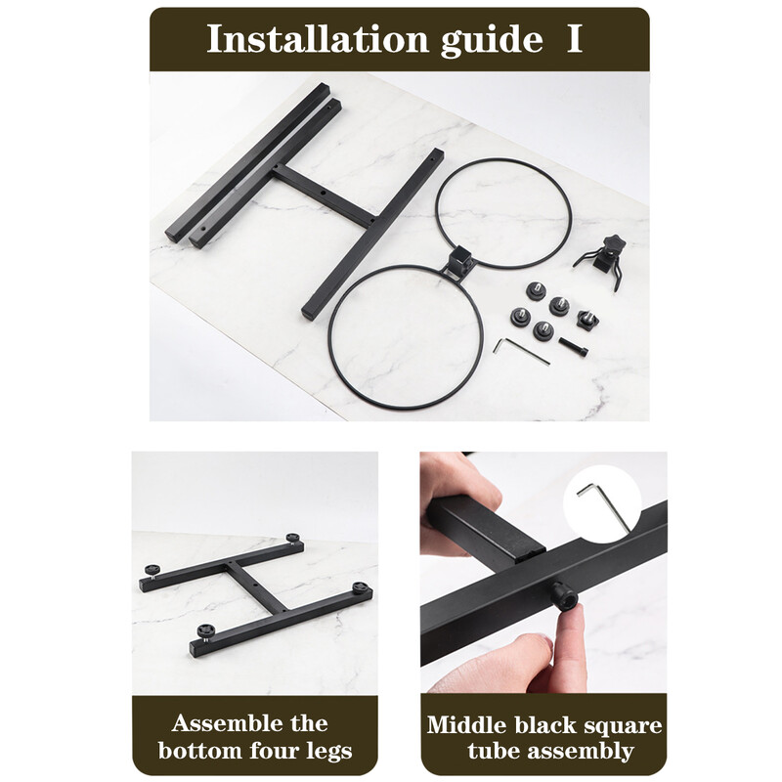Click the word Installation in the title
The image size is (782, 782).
point(318,38)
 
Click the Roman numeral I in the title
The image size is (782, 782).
point(575,38)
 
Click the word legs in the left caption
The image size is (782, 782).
point(327,751)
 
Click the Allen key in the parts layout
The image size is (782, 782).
point(521,351)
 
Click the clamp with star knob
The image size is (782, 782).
point(601,262)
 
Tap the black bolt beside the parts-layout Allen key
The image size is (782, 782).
point(573,346)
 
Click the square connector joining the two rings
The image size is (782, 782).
point(457,261)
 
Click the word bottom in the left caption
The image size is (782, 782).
point(201,751)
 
